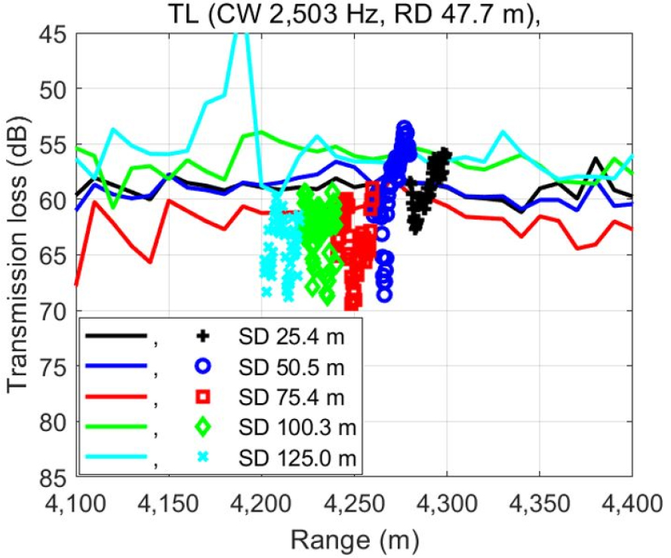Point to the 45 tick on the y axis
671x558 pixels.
54,35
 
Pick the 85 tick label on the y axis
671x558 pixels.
54,477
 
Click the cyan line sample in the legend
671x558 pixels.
114,457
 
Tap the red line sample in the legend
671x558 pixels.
114,397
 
